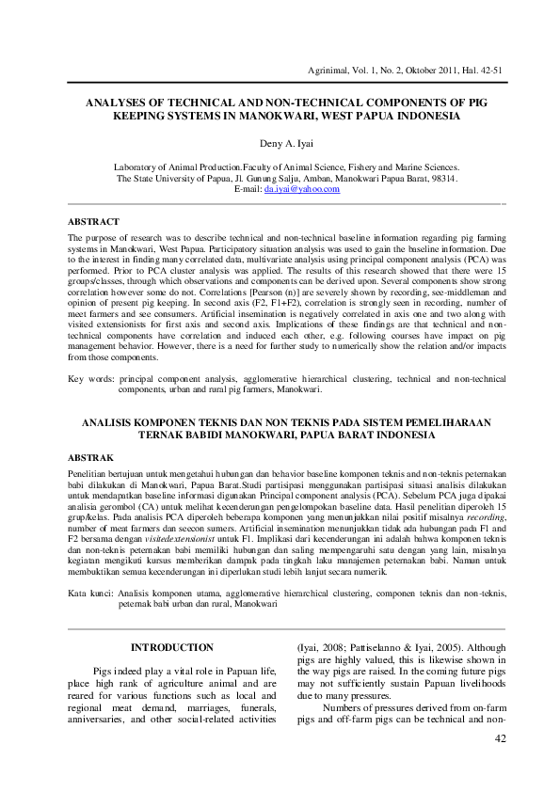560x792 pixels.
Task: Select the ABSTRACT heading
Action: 93,221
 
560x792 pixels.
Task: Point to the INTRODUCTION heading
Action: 171,648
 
